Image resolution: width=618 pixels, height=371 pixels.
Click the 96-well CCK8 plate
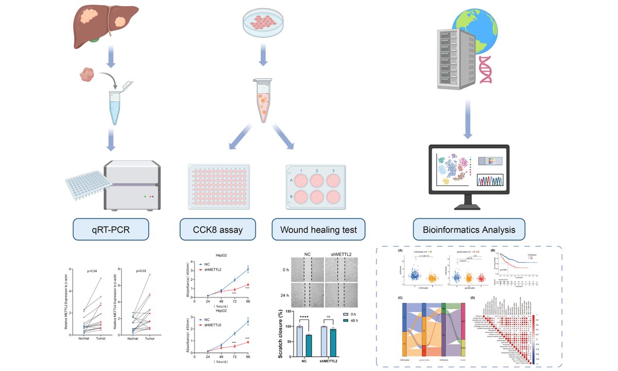click(218, 187)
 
